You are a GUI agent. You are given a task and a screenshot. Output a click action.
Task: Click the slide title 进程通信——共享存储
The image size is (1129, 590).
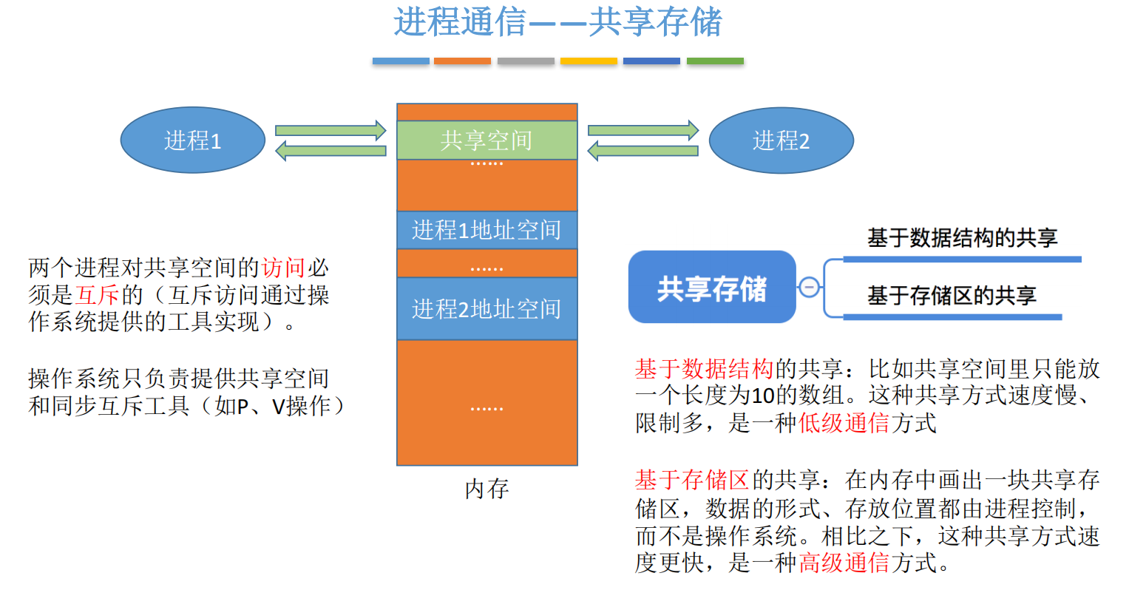pyautogui.click(x=557, y=22)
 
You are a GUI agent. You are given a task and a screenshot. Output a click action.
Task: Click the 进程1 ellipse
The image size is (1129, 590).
pyautogui.click(x=192, y=140)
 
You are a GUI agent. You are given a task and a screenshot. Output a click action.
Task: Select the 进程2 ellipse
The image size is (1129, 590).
pyautogui.click(x=781, y=140)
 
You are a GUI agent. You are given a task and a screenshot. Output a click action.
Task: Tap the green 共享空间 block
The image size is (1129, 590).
pyautogui.click(x=486, y=140)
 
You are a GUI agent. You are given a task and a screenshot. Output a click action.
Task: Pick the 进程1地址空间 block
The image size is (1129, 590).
pyautogui.click(x=486, y=230)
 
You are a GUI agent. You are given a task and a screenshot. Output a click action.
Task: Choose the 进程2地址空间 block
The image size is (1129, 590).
pyautogui.click(x=486, y=308)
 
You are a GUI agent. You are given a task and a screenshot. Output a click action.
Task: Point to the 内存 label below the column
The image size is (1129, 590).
pyautogui.click(x=486, y=489)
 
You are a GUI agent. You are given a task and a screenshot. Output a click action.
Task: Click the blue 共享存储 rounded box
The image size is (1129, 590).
pyautogui.click(x=711, y=288)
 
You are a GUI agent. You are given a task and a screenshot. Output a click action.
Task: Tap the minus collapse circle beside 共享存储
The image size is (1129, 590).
pyautogui.click(x=810, y=287)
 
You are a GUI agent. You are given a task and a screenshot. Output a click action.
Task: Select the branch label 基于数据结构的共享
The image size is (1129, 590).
pyautogui.click(x=962, y=238)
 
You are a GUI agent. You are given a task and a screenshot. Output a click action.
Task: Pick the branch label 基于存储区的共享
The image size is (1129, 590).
pyautogui.click(x=952, y=296)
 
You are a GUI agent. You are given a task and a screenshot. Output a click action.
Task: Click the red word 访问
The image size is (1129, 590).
pyautogui.click(x=283, y=267)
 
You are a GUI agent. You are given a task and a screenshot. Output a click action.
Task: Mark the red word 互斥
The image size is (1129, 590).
pyautogui.click(x=98, y=295)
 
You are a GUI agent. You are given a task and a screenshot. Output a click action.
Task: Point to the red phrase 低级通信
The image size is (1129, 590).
pyautogui.click(x=844, y=423)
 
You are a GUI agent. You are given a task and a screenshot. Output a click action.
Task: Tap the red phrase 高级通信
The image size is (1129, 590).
pyautogui.click(x=844, y=563)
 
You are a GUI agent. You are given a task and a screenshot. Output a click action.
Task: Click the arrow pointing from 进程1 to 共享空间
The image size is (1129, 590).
pyautogui.click(x=330, y=131)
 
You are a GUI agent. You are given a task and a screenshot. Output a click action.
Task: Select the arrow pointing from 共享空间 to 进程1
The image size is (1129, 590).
pyautogui.click(x=330, y=151)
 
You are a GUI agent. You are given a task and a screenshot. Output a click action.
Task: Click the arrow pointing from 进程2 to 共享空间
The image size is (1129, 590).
pyautogui.click(x=643, y=151)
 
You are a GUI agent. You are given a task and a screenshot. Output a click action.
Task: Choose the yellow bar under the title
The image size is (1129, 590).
pyautogui.click(x=589, y=61)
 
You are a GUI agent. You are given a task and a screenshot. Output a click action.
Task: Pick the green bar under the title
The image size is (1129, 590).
pyautogui.click(x=715, y=61)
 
